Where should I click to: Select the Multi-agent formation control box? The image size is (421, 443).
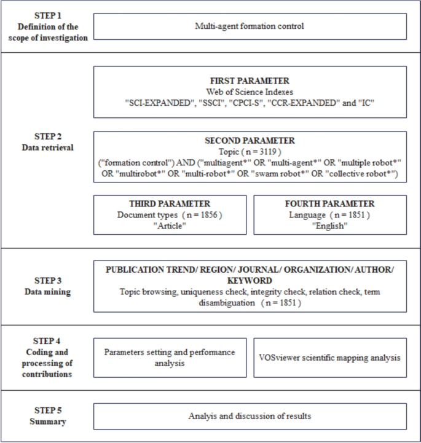[250, 26]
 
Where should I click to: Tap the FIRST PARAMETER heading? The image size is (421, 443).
[250, 80]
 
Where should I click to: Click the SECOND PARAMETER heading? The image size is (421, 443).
[250, 141]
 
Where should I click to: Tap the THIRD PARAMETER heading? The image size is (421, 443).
[170, 204]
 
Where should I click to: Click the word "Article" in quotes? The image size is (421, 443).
[170, 225]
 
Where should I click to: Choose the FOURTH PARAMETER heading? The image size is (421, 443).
[330, 204]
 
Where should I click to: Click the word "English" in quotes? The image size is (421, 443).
[330, 225]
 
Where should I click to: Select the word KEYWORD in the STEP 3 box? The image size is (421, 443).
[250, 280]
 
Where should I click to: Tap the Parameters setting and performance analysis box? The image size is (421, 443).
[170, 357]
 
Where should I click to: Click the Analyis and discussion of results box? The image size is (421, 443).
[250, 416]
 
